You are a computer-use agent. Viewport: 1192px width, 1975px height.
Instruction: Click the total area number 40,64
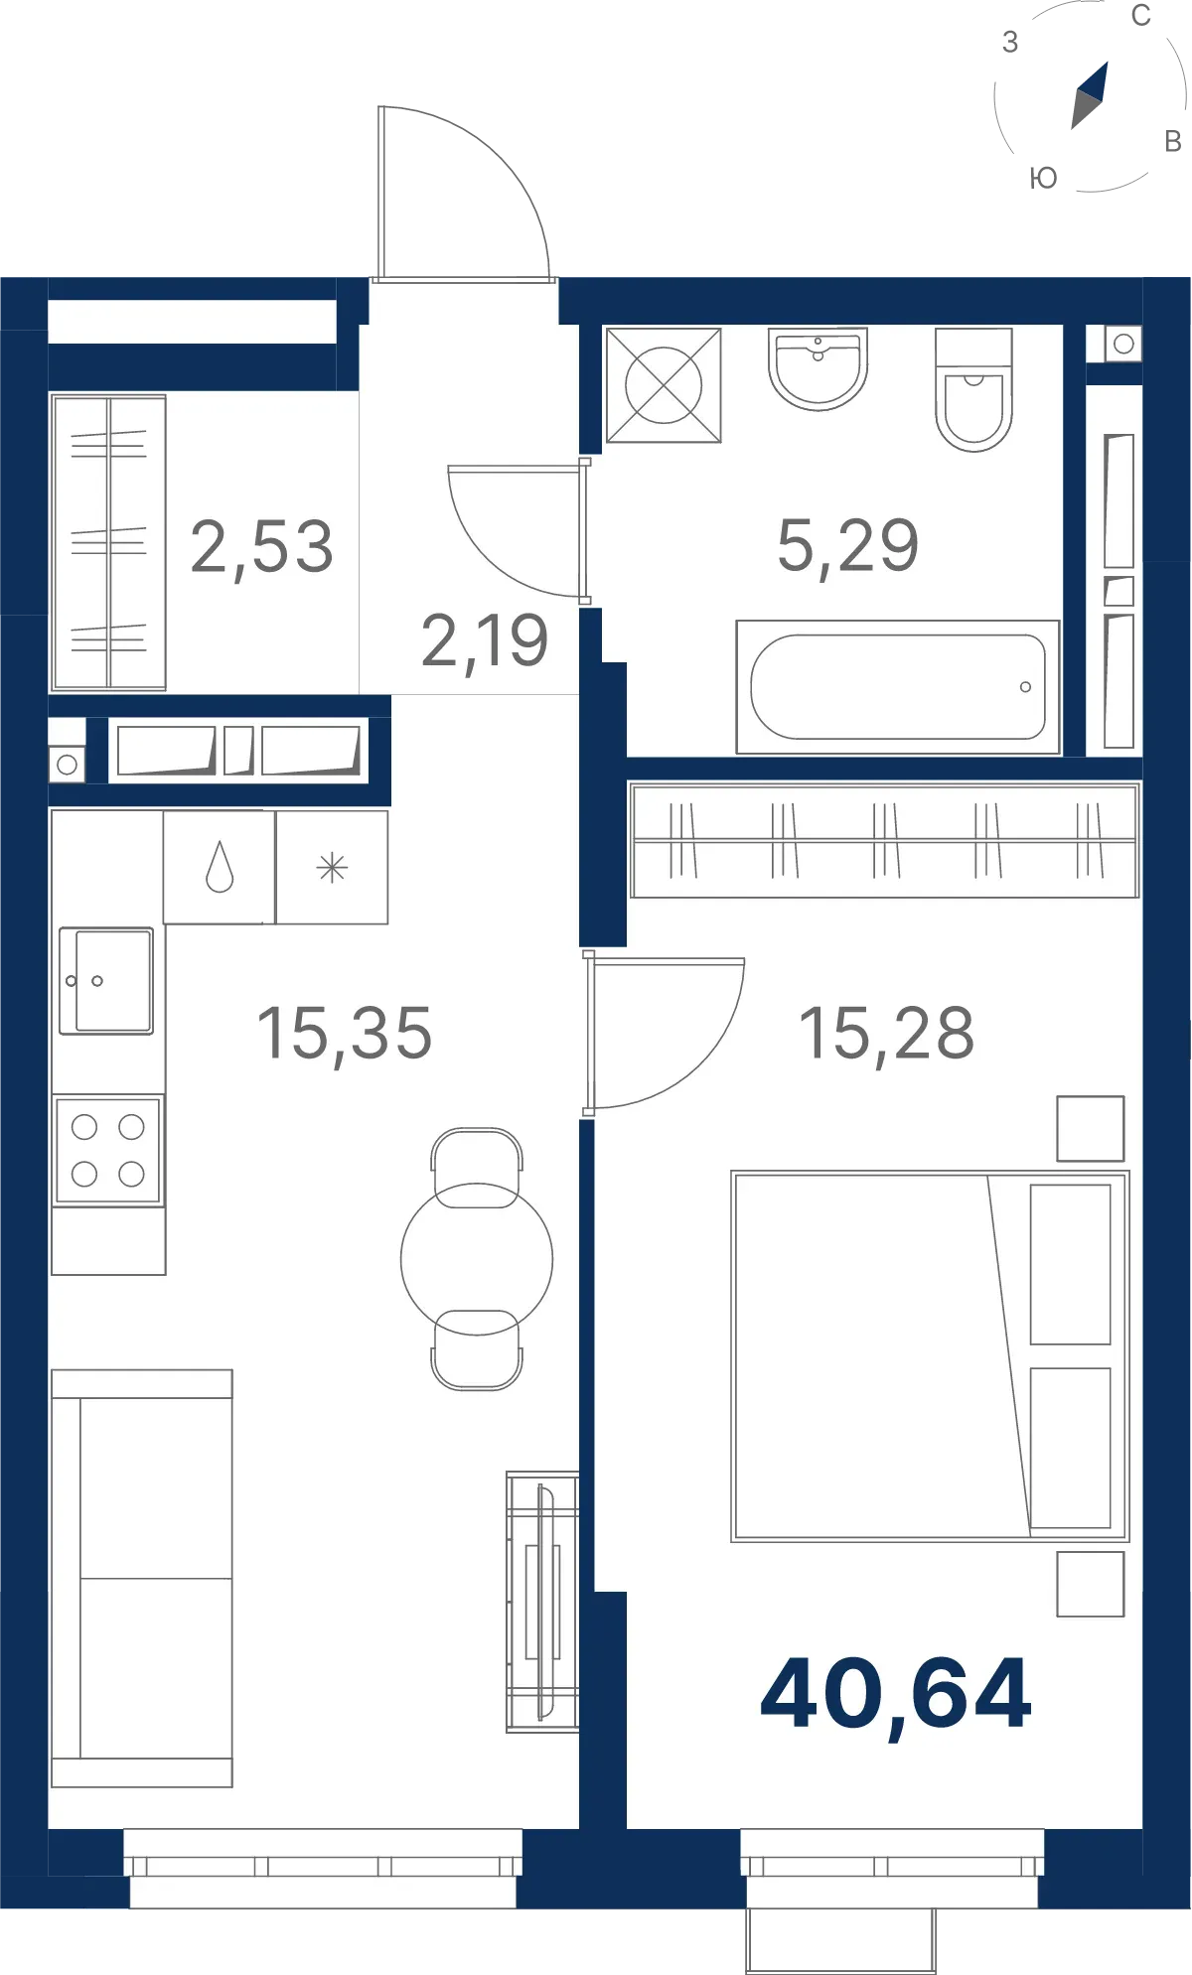pos(896,1696)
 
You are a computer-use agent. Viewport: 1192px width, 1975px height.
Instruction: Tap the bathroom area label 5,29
pos(848,546)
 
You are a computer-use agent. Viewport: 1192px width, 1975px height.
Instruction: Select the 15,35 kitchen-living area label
pos(345,1035)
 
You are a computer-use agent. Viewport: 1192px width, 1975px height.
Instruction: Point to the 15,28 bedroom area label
pos(887,1035)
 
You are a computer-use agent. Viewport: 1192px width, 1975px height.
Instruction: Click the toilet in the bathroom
pos(973,389)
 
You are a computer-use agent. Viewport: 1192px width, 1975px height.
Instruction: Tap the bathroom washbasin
pos(818,368)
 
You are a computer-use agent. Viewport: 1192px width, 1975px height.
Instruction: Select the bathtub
pos(898,687)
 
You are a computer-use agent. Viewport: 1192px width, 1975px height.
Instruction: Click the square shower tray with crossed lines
pos(664,385)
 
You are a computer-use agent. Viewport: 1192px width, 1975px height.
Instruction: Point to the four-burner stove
pos(108,1151)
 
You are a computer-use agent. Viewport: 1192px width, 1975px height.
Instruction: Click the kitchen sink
pos(106,981)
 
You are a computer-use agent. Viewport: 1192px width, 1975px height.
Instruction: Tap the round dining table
pos(477,1259)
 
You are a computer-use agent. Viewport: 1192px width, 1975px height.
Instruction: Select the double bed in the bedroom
pos(930,1356)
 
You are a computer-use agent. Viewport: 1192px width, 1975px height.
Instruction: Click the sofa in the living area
pos(142,1579)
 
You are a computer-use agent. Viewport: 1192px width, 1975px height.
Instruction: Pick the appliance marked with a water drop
pos(220,868)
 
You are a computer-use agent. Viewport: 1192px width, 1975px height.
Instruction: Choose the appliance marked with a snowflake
pos(332,868)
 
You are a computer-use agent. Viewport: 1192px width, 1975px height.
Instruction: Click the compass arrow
pos(1090,95)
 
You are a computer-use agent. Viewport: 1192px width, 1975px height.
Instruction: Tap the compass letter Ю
pos(1043,179)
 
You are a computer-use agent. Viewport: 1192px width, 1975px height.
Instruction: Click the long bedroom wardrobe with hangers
pos(885,840)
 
